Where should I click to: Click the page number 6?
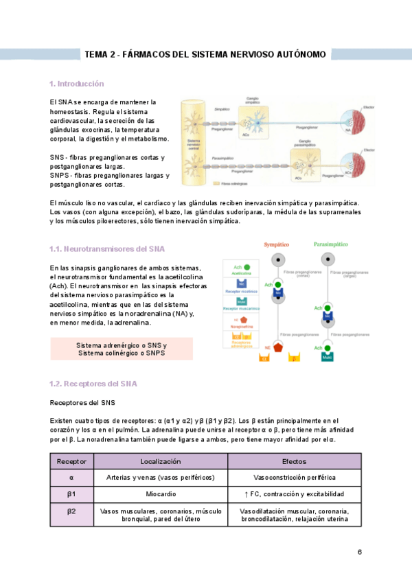pos(359,552)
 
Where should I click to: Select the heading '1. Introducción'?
pos(76,84)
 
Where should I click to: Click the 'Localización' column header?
pos(160,462)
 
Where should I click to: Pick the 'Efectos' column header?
pos(294,462)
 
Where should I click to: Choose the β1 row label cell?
pos(71,494)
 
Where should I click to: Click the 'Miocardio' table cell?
pos(160,494)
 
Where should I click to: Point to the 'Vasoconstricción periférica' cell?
pos(294,478)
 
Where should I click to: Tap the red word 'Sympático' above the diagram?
pos(277,245)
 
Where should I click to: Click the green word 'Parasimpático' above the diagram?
pos(330,245)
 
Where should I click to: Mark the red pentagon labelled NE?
pos(278,347)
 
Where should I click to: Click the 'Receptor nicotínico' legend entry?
pos(236,290)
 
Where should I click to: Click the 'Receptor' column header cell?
pos(71,462)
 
